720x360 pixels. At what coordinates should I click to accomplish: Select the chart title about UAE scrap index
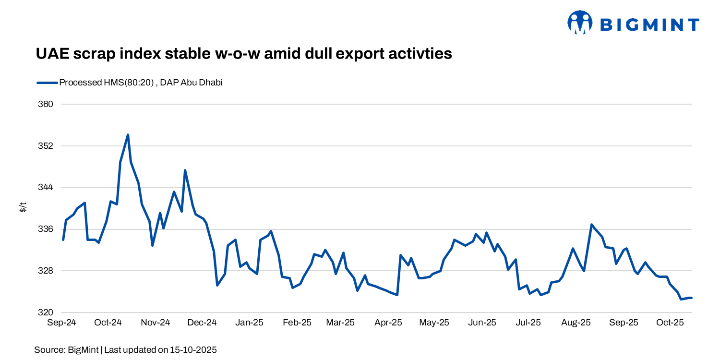click(244, 53)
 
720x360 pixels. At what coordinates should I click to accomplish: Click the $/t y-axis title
click(23, 208)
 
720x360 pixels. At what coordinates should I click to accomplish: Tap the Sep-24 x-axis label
click(61, 323)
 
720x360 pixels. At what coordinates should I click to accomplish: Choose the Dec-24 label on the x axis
click(202, 323)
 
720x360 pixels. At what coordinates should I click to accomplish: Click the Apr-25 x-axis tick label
click(388, 323)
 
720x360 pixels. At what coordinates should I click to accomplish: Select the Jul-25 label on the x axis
click(528, 323)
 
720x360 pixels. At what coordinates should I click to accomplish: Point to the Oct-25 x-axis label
click(670, 323)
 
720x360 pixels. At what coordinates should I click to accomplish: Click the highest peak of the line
click(128, 135)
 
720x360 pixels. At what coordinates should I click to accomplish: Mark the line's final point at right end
click(692, 298)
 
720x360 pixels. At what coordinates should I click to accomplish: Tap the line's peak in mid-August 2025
click(591, 225)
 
